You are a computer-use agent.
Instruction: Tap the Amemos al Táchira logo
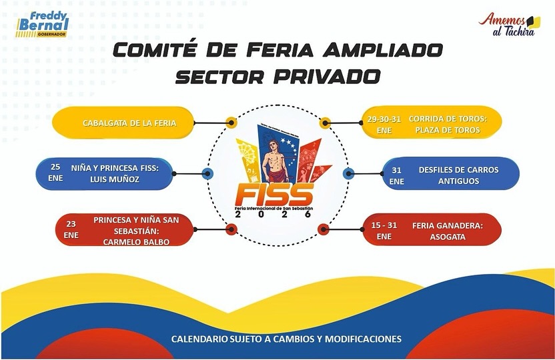click(508, 25)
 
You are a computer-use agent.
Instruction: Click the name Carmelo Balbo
click(136, 241)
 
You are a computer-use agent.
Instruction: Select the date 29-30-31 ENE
click(384, 124)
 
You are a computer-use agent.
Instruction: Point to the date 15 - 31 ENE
click(384, 231)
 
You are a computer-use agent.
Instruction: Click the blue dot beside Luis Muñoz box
click(207, 174)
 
